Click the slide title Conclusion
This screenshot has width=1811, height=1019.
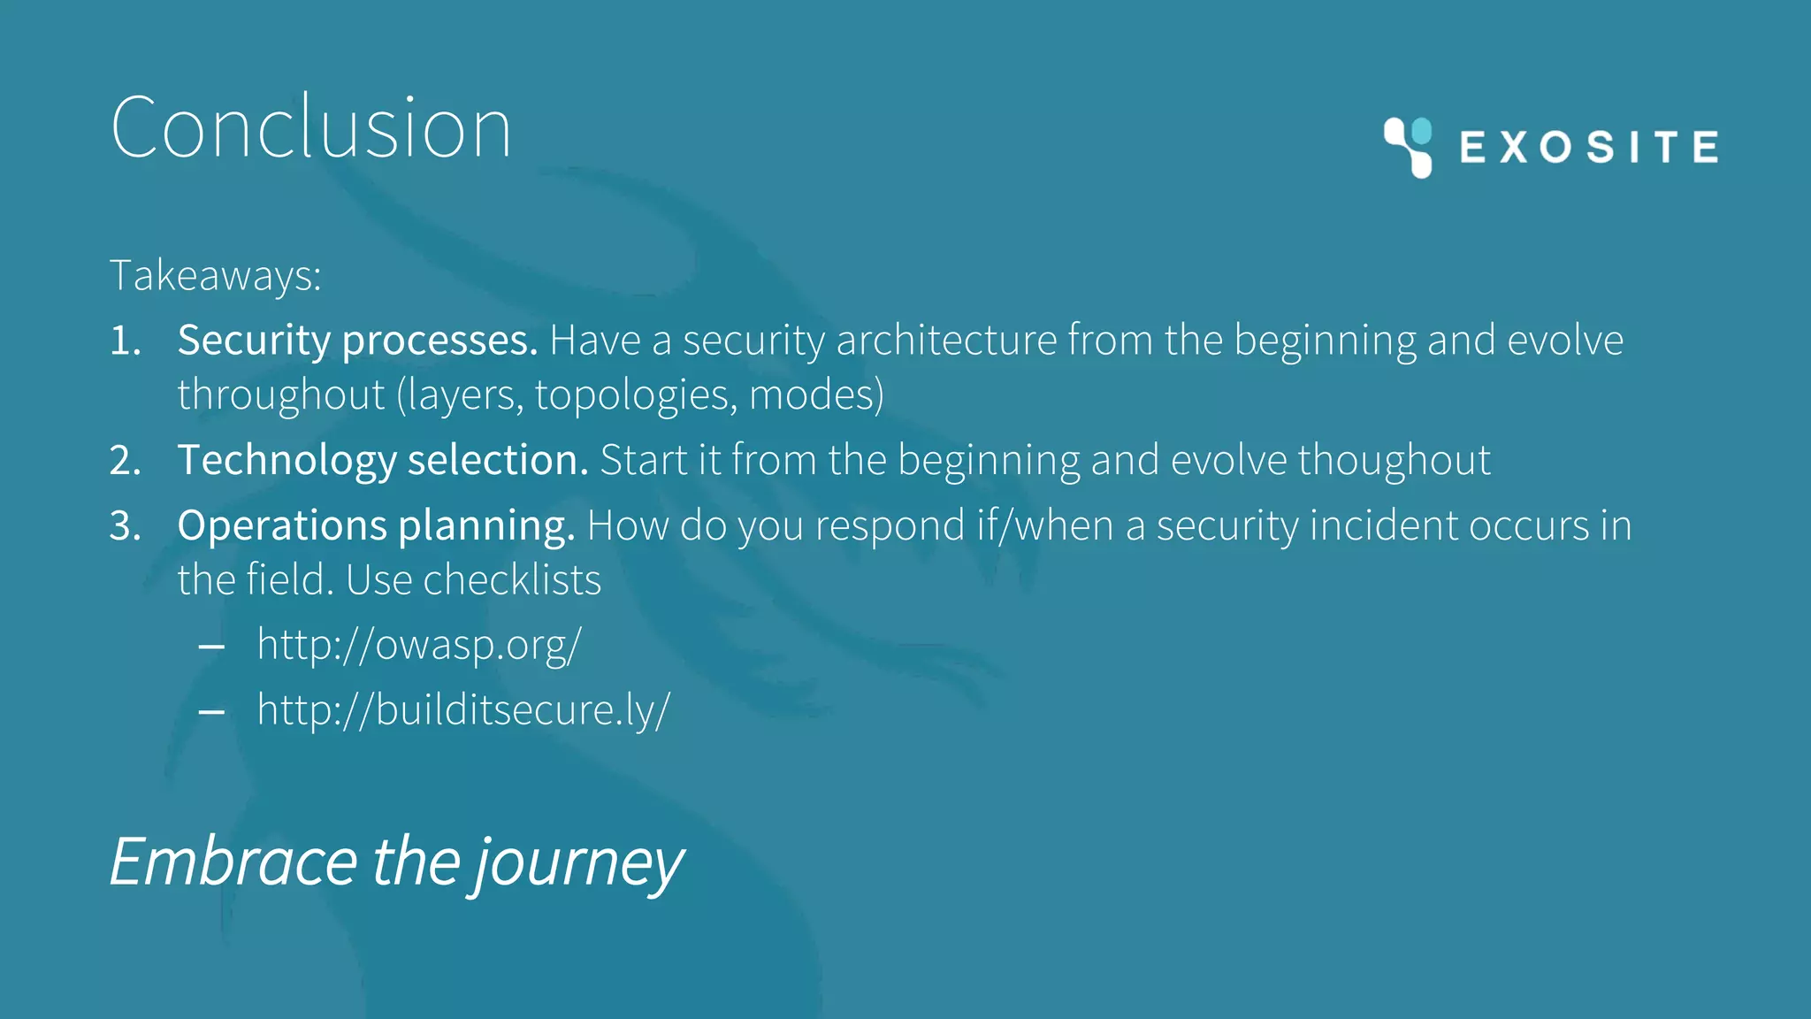(x=310, y=128)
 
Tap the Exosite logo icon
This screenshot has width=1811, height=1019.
(x=1408, y=147)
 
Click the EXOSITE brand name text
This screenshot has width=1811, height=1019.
(x=1589, y=147)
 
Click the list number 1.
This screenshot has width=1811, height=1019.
(x=125, y=341)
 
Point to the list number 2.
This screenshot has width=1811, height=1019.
(x=125, y=461)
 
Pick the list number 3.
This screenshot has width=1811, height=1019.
(x=125, y=526)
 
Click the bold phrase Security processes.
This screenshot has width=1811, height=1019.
(x=357, y=341)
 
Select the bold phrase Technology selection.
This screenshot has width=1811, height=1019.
(x=382, y=461)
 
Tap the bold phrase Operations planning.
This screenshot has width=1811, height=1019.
(x=376, y=526)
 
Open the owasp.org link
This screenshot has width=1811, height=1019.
(x=419, y=645)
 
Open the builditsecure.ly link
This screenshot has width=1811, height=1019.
(x=463, y=710)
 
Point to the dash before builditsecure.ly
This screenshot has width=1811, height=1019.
(x=211, y=713)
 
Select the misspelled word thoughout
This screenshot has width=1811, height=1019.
(x=1394, y=461)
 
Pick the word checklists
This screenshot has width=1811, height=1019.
(x=512, y=580)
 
